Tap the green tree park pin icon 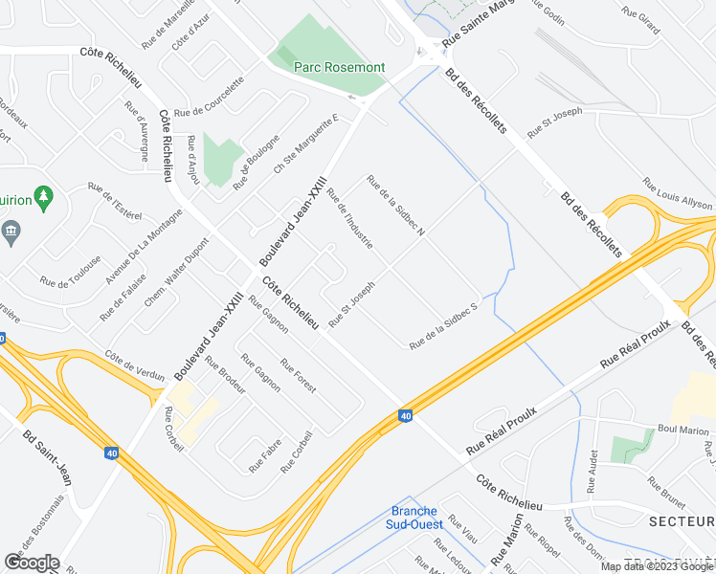coord(43,198)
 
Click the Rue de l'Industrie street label coord(349,221)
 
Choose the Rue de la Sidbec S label coord(443,325)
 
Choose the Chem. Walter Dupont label coord(175,274)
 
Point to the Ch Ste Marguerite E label coord(306,144)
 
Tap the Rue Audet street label coord(594,468)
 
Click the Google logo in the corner coord(32,563)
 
